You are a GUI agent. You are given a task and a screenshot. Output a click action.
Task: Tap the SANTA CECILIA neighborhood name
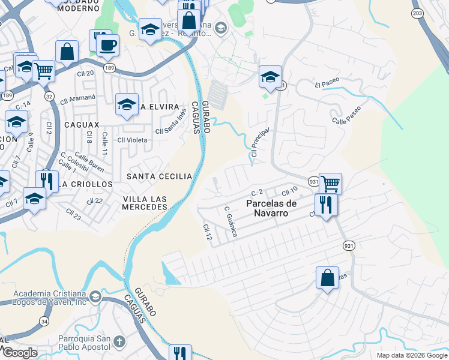tap(160, 176)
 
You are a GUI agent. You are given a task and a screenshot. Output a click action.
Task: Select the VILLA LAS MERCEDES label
tap(145, 202)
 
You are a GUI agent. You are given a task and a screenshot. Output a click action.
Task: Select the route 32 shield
tap(49, 96)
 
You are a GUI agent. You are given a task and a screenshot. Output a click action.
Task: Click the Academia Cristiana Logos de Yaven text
tap(49, 297)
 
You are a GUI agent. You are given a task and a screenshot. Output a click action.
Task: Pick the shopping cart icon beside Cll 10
tap(330, 182)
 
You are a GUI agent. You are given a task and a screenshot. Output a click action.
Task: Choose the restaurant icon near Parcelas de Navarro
tap(326, 204)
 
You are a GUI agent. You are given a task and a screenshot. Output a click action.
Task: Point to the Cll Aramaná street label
tap(78, 100)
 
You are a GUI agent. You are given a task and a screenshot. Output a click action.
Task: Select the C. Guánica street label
tap(230, 222)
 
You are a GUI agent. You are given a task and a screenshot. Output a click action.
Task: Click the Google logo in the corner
tap(19, 353)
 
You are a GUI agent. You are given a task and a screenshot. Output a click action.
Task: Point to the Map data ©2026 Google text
tap(411, 355)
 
